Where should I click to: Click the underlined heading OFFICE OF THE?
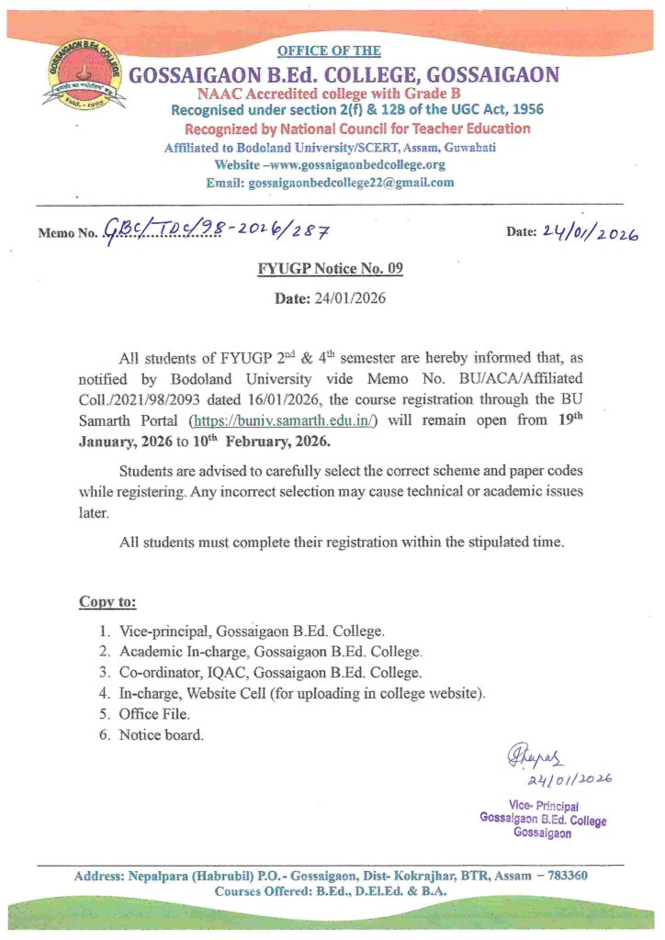[x=329, y=50]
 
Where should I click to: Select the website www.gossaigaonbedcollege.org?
[x=330, y=164]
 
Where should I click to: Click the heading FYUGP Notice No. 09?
[x=329, y=269]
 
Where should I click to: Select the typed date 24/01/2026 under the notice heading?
[x=330, y=299]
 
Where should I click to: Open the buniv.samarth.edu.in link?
[x=292, y=422]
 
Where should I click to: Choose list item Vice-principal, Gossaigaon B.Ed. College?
[x=252, y=632]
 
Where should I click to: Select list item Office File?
[x=152, y=713]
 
